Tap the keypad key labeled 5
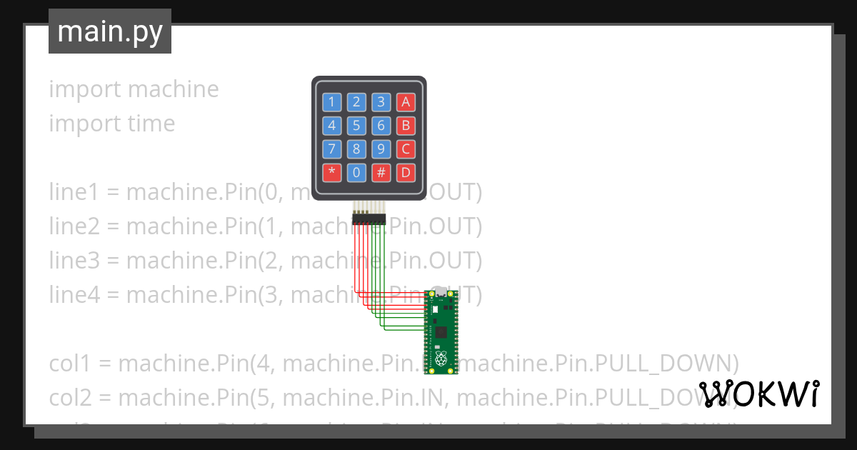tap(356, 126)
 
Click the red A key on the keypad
tap(406, 102)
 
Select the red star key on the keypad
tap(331, 172)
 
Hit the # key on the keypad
tap(381, 172)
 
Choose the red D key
tap(406, 172)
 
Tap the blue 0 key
tap(356, 172)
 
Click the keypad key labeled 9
tap(381, 149)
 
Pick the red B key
tap(406, 126)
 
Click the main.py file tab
tap(110, 31)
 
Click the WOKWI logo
tap(758, 394)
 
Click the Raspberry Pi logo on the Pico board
tap(441, 356)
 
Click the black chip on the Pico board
tap(441, 332)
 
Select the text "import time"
tap(111, 124)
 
